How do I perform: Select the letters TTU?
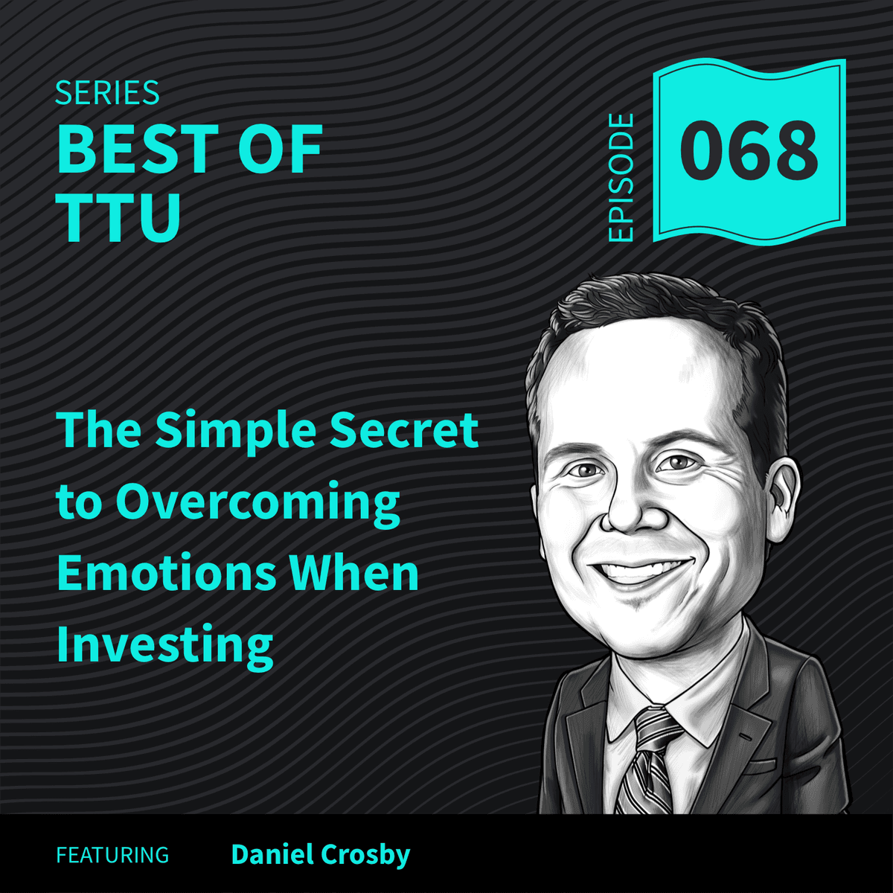pyautogui.click(x=120, y=217)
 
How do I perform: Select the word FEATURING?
pyautogui.click(x=112, y=855)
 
